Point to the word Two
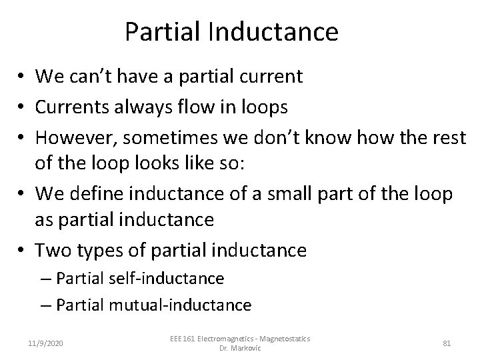click(51, 250)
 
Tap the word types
click(99, 250)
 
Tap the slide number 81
click(447, 343)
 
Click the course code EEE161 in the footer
click(183, 339)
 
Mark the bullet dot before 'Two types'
click(24, 251)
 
